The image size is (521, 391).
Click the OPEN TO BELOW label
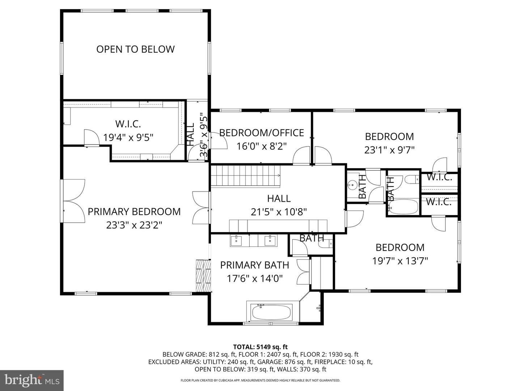(x=135, y=49)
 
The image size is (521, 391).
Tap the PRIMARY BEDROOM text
(x=134, y=211)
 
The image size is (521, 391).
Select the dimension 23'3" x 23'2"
(x=134, y=225)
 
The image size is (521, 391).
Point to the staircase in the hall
(x=246, y=176)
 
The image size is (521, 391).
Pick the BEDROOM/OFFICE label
(x=262, y=133)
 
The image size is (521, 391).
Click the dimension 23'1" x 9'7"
(x=389, y=150)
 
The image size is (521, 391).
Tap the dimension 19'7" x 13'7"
(x=400, y=261)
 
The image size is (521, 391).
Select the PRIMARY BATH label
(x=254, y=265)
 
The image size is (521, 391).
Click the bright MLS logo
(x=32, y=381)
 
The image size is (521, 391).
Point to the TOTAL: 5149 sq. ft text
(x=260, y=347)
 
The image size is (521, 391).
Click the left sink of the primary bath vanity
(x=236, y=240)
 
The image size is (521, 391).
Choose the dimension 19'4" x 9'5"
(x=128, y=138)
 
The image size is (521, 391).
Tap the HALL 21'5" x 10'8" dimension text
(x=279, y=212)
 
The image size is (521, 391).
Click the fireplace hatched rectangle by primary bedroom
(x=203, y=275)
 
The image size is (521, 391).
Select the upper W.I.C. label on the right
(x=439, y=177)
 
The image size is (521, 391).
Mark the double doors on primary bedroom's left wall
(x=74, y=201)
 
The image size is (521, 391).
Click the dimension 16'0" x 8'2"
(x=262, y=146)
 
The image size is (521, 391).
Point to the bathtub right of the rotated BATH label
(x=405, y=207)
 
